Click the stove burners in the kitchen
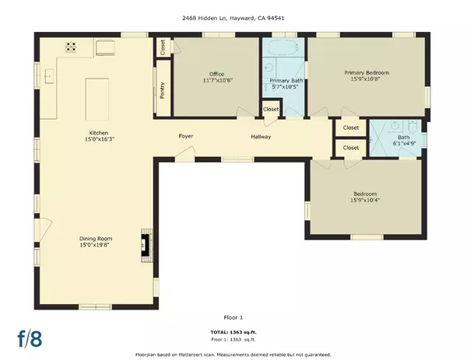(72, 47)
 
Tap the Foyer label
(186, 137)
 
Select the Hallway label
(261, 137)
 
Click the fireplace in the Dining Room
(145, 243)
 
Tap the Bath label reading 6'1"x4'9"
(397, 142)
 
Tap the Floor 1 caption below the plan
(233, 316)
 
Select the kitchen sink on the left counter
(49, 76)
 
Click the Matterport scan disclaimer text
(233, 352)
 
